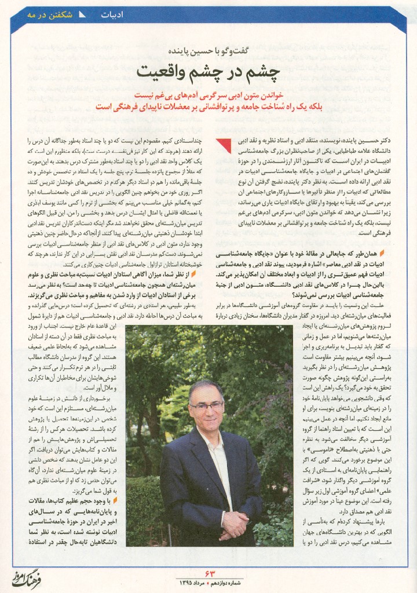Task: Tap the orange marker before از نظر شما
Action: pos(195,274)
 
